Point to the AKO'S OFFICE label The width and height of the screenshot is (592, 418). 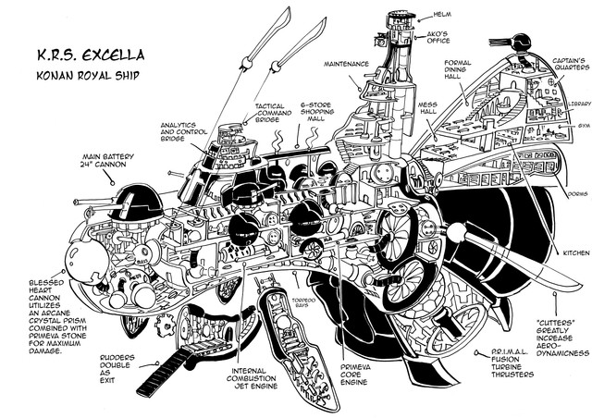pyautogui.click(x=450, y=42)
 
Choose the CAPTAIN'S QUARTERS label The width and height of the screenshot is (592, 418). pyautogui.click(x=555, y=68)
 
